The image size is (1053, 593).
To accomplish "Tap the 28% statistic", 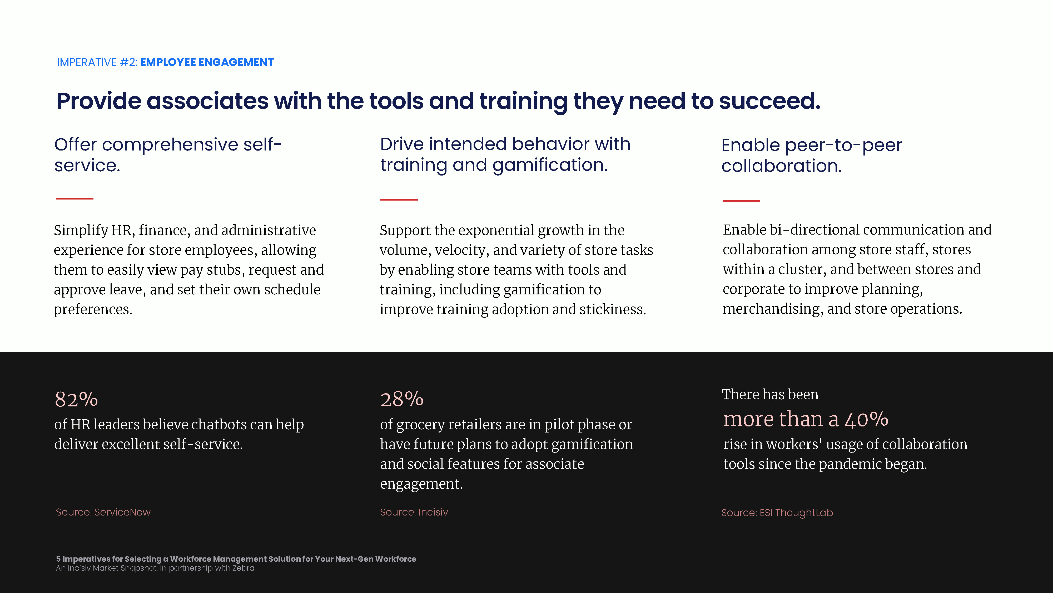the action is (x=402, y=399).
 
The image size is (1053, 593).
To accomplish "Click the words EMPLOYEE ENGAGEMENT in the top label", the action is (x=207, y=62).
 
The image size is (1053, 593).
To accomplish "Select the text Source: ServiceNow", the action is (x=103, y=512).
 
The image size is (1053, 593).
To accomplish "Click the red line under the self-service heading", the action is (x=74, y=198).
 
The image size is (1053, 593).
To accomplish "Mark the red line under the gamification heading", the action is (x=399, y=199).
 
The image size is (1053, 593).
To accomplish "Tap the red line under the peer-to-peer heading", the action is (x=741, y=201).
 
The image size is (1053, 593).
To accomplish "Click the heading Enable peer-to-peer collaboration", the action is (x=811, y=155).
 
